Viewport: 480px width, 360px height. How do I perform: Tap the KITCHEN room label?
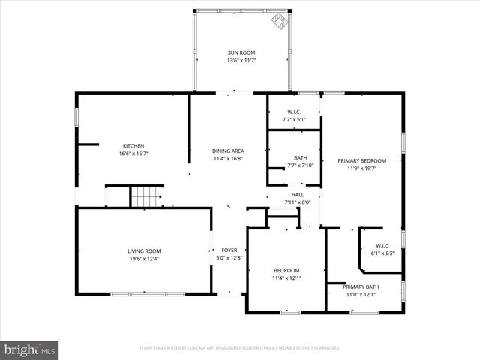click(133, 145)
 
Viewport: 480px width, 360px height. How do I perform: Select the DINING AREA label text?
click(228, 151)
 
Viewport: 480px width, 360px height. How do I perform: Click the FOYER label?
click(229, 250)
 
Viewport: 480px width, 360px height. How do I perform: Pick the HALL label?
click(298, 194)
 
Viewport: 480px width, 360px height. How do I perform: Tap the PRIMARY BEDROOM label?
click(361, 160)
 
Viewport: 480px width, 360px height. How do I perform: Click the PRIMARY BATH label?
click(361, 286)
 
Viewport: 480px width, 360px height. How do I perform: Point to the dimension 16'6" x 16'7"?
click(133, 153)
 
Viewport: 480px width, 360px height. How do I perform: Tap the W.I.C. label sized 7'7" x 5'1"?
click(294, 112)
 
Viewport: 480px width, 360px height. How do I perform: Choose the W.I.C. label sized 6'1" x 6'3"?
click(382, 245)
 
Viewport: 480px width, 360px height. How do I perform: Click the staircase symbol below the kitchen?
click(147, 196)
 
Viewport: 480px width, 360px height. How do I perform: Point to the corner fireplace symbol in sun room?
click(280, 20)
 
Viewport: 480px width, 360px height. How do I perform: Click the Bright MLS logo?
click(30, 349)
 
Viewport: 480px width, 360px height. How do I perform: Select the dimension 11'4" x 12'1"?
click(286, 277)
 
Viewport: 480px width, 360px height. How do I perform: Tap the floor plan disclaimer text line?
click(239, 347)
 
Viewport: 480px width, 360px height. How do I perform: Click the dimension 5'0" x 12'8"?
click(229, 259)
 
